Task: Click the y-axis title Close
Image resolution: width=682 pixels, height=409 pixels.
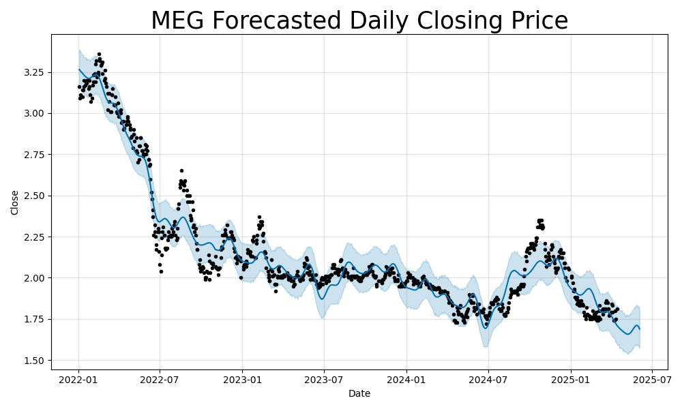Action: coord(15,202)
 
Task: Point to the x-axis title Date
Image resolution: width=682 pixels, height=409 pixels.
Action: coord(359,393)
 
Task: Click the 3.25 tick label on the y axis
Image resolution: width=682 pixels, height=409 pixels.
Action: coord(33,72)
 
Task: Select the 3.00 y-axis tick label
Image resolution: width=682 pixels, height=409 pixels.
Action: coord(33,113)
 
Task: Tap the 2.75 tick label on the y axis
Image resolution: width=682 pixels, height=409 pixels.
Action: coord(33,155)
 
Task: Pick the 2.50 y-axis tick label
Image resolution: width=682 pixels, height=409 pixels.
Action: coord(33,196)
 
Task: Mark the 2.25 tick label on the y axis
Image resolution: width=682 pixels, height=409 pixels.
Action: coord(33,237)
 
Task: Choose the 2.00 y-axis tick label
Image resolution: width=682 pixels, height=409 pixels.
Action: coord(33,278)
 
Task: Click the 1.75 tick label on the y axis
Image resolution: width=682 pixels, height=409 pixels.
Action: coord(33,319)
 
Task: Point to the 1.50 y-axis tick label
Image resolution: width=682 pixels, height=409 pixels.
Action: coord(33,361)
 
